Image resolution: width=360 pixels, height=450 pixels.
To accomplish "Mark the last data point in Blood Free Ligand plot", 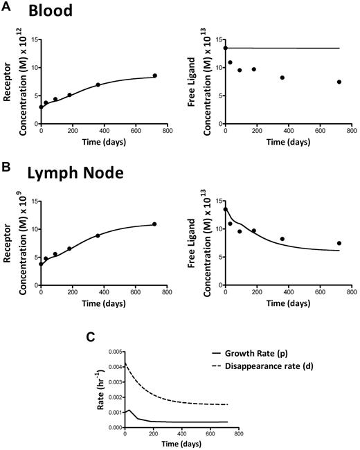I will (x=340, y=82).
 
